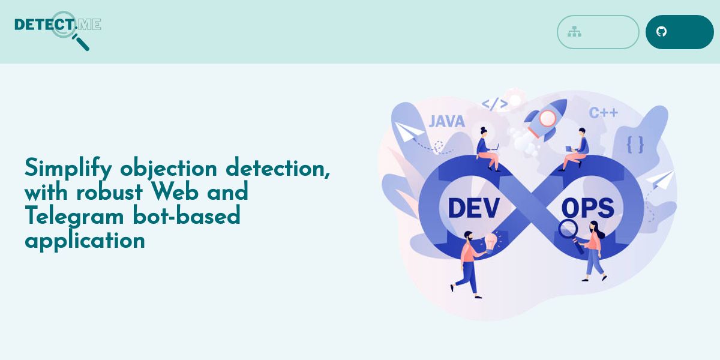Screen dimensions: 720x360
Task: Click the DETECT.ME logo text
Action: (x=58, y=25)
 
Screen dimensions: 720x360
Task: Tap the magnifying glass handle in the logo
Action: (x=81, y=43)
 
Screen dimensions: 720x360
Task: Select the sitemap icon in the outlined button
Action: (x=574, y=32)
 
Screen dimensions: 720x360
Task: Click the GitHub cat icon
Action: (x=661, y=31)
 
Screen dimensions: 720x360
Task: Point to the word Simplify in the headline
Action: (x=68, y=168)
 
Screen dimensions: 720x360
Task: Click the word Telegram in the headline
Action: (x=74, y=216)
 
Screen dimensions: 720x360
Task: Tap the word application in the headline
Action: (x=85, y=241)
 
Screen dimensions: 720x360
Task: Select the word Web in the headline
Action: (x=175, y=192)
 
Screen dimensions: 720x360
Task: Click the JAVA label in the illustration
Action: (x=447, y=121)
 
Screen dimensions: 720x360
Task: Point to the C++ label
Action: (x=604, y=113)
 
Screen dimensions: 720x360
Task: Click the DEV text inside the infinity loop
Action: (x=473, y=208)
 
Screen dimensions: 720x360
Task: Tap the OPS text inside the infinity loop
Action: (x=588, y=208)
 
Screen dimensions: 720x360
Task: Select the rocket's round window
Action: (x=547, y=118)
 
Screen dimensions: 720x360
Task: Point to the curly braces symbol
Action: (x=635, y=145)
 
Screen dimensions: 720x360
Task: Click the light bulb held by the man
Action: (x=491, y=242)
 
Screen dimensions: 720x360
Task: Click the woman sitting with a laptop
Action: (x=487, y=149)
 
